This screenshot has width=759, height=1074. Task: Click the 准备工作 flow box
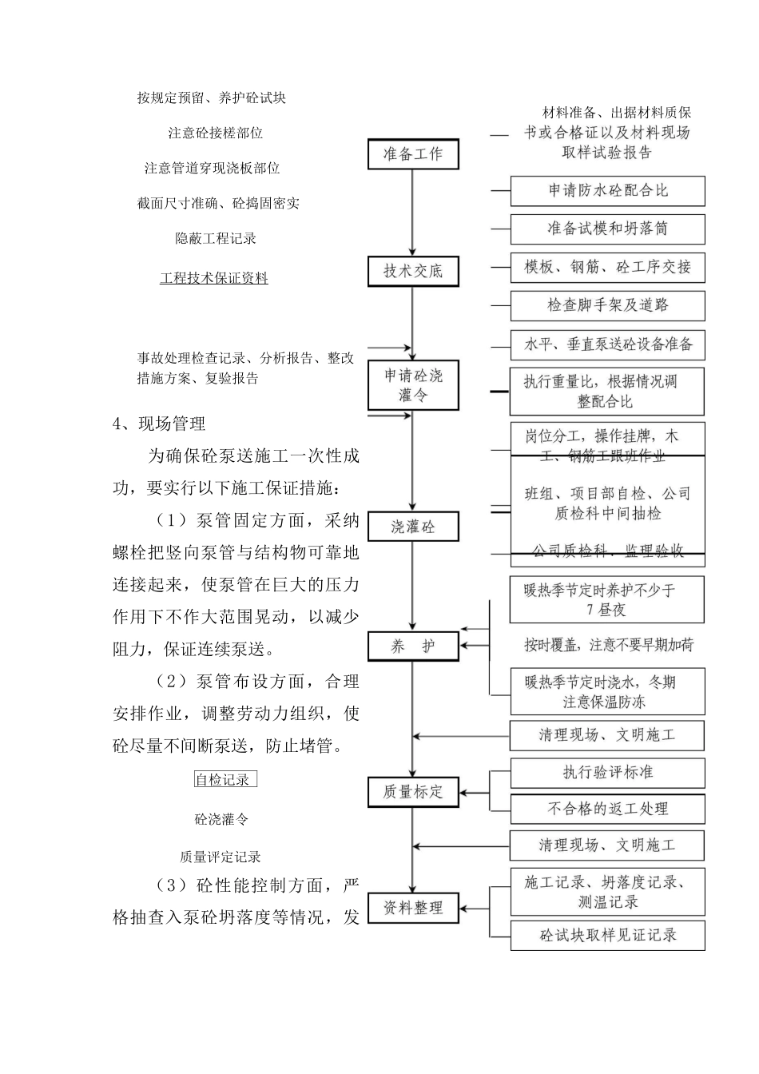point(413,154)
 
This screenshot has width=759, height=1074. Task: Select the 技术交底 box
point(413,271)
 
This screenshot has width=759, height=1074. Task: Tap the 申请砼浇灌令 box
point(413,385)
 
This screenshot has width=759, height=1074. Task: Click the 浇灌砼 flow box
point(413,527)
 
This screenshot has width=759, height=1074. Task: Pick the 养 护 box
point(413,646)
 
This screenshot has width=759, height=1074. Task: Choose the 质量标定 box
point(413,792)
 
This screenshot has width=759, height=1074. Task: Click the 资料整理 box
point(413,909)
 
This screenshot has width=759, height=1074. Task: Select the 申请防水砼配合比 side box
point(607,191)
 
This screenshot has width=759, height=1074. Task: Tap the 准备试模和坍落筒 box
point(607,229)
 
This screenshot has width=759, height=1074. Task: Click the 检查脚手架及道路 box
point(607,305)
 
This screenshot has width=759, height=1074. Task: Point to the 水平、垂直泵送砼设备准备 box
point(607,344)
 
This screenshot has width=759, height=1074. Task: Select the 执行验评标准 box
point(607,773)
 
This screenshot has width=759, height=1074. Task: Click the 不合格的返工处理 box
point(607,809)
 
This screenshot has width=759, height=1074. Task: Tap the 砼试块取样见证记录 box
point(607,935)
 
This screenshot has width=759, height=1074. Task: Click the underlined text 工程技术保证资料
point(214,278)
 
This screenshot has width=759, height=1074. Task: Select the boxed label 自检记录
point(225,779)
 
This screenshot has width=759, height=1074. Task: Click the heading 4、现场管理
point(159,424)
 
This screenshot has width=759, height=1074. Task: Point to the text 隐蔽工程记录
point(216,238)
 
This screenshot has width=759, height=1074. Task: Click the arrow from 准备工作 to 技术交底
point(413,213)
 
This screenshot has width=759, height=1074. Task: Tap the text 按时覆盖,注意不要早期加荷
point(609,645)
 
